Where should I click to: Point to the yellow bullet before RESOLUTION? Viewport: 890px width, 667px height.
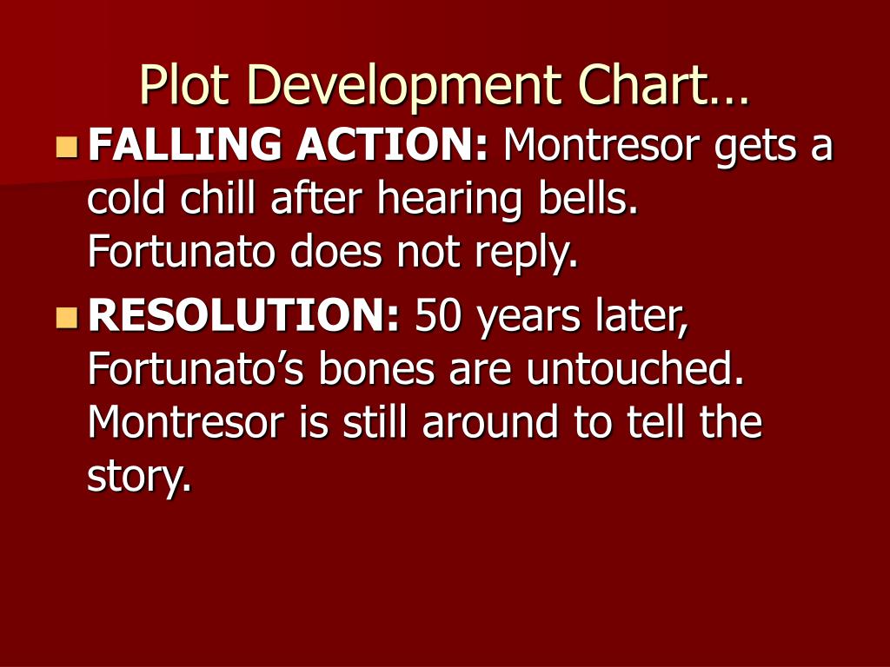[x=66, y=318]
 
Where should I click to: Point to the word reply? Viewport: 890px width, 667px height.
[x=531, y=254]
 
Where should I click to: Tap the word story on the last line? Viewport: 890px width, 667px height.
[x=139, y=477]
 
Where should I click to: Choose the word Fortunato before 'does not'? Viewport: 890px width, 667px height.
[x=183, y=253]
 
